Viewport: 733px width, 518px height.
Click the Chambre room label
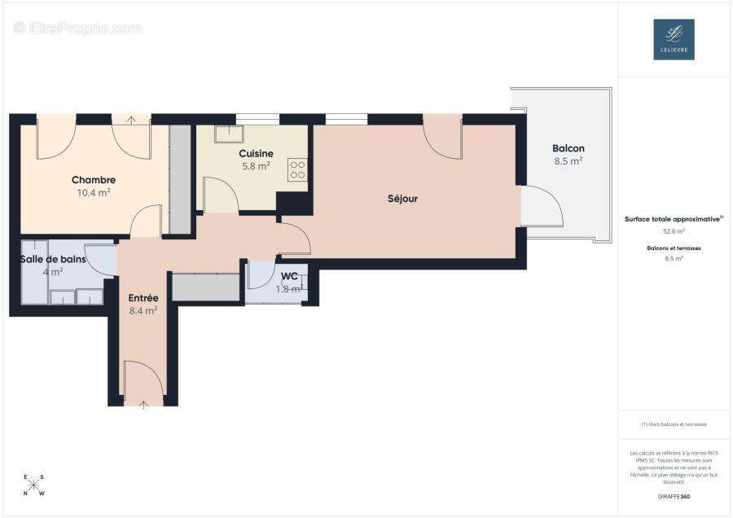pyautogui.click(x=94, y=180)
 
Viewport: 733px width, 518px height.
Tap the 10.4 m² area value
pyautogui.click(x=94, y=193)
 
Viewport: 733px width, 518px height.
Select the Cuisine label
pyautogui.click(x=256, y=154)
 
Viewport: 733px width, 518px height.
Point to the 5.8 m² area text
pyautogui.click(x=256, y=166)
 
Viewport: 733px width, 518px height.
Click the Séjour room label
pyautogui.click(x=402, y=198)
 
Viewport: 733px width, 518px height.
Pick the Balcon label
pyautogui.click(x=568, y=148)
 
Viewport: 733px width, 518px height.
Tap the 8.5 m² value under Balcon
pyautogui.click(x=568, y=161)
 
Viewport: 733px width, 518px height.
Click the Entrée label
pyautogui.click(x=143, y=297)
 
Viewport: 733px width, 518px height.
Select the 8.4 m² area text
pyautogui.click(x=143, y=310)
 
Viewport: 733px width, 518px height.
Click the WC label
pyautogui.click(x=289, y=276)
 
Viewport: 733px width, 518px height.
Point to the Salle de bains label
pyautogui.click(x=52, y=259)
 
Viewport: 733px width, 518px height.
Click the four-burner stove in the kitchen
pyautogui.click(x=298, y=169)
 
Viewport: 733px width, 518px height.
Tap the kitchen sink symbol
pyautogui.click(x=230, y=133)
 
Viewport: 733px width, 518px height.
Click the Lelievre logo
pyautogui.click(x=674, y=39)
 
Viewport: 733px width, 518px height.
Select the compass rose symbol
pyautogui.click(x=34, y=485)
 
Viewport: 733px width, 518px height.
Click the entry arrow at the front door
pyautogui.click(x=143, y=403)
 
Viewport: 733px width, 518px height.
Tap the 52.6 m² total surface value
pyautogui.click(x=674, y=231)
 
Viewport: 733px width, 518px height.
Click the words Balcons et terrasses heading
pyautogui.click(x=674, y=247)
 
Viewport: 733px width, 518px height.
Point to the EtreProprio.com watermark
pyautogui.click(x=78, y=28)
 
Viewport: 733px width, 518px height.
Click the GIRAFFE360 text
pyautogui.click(x=674, y=495)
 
